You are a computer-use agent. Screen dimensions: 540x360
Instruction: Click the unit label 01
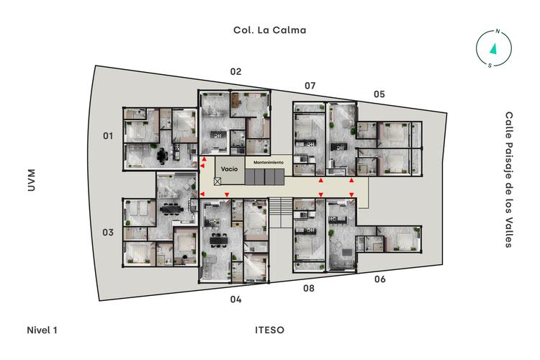(108, 136)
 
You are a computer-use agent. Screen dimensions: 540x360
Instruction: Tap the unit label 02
(235, 72)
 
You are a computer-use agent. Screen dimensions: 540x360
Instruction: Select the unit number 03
(108, 233)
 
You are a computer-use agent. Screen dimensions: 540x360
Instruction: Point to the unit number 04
(235, 300)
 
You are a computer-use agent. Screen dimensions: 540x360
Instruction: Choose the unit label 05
(379, 94)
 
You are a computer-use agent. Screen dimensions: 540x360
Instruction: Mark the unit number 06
(380, 279)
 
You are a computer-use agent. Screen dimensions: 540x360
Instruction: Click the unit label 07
(310, 86)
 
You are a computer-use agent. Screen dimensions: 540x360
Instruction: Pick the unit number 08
(309, 288)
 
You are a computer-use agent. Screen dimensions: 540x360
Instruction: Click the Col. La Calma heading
(270, 30)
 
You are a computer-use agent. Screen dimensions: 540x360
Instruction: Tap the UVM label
(32, 180)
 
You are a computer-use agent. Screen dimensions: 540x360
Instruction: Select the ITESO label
(270, 330)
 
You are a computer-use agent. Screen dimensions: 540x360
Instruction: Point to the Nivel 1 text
(42, 330)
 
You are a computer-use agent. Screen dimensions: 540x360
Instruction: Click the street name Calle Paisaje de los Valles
(508, 179)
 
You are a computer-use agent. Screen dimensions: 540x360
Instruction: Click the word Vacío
(230, 168)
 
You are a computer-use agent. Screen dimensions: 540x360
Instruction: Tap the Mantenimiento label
(269, 162)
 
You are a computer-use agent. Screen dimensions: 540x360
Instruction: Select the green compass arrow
(493, 48)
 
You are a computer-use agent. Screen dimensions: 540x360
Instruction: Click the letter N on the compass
(498, 32)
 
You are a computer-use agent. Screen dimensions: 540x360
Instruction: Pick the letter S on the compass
(490, 66)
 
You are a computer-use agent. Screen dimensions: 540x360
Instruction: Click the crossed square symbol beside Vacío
(217, 181)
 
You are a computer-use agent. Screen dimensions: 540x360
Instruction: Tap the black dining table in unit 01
(162, 156)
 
